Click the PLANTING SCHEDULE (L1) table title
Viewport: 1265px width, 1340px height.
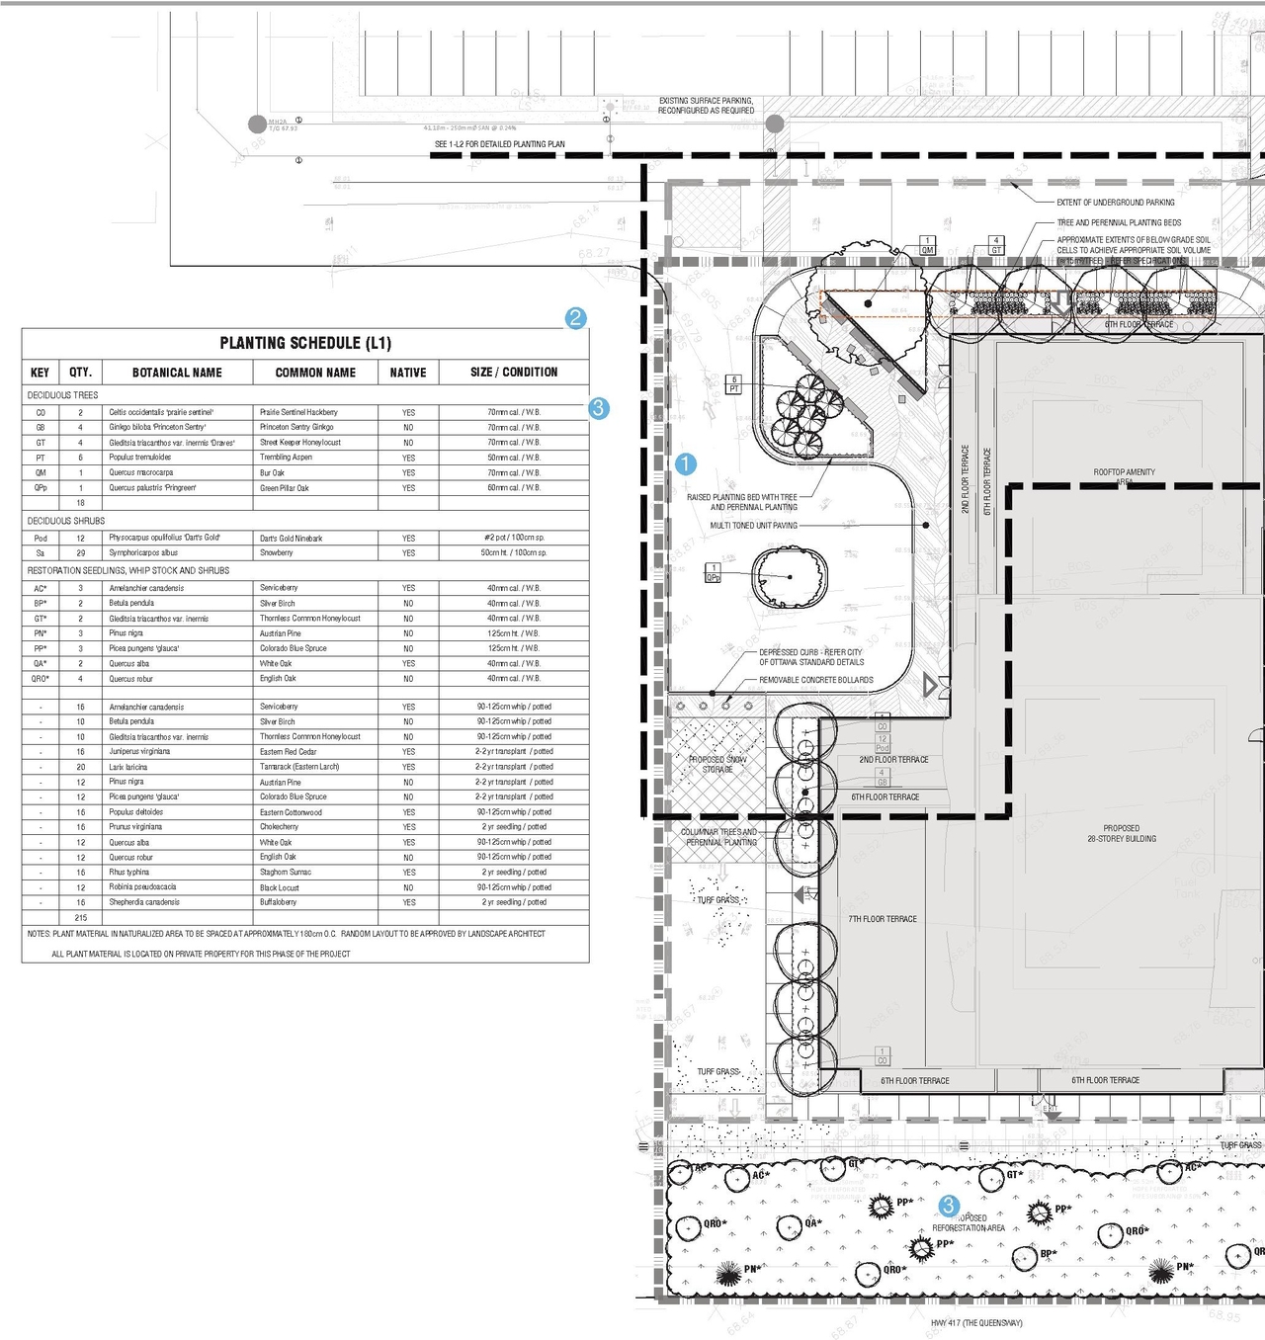coord(305,343)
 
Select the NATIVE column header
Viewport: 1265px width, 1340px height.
coord(407,373)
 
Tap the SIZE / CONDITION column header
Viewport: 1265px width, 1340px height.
coord(514,373)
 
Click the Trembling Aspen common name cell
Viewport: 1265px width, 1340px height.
coord(286,458)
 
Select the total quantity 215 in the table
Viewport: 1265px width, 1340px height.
coord(81,918)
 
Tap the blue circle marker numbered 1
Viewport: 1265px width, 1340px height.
coord(685,463)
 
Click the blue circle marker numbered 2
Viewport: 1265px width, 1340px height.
coord(576,318)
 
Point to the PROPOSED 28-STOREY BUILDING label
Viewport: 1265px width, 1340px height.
coord(1122,833)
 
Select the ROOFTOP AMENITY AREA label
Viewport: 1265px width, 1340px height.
coord(1124,475)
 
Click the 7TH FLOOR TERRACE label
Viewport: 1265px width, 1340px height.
coord(882,919)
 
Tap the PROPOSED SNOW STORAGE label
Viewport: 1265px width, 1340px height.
coord(717,764)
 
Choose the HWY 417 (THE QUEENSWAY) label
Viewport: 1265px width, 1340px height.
coord(976,1323)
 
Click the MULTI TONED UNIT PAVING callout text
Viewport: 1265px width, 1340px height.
coord(753,526)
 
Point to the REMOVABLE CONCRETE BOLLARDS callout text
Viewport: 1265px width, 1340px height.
coord(816,680)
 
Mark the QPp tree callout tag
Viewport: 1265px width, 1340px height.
coord(713,573)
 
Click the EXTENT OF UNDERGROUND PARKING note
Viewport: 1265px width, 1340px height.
coord(1116,203)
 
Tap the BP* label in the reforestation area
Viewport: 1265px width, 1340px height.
coord(1048,1254)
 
